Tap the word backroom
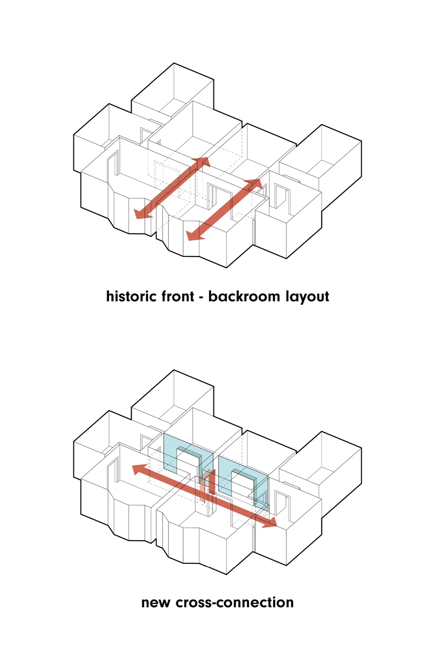pyautogui.click(x=244, y=296)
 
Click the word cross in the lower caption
pyautogui.click(x=191, y=603)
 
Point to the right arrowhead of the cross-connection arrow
pyautogui.click(x=270, y=522)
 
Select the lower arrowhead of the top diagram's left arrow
pyautogui.click(x=142, y=213)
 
